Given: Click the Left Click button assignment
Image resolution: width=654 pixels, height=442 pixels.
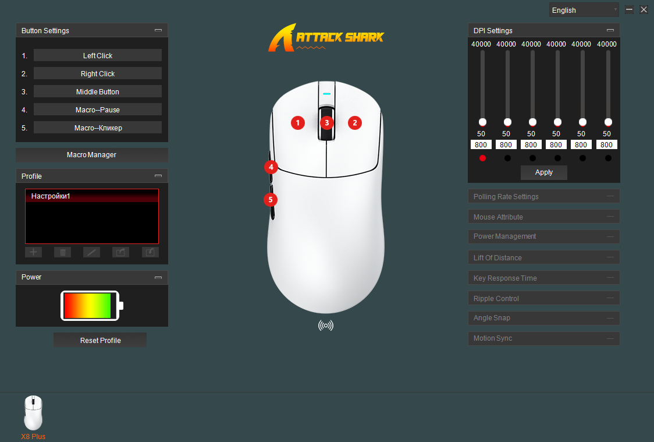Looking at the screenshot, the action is pyautogui.click(x=98, y=55).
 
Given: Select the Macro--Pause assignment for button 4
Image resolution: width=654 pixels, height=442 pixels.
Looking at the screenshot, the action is pyautogui.click(x=98, y=109).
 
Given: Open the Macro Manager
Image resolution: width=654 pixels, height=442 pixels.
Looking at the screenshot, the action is pyautogui.click(x=92, y=155).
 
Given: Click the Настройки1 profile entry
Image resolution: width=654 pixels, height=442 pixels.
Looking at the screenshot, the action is pyautogui.click(x=92, y=196).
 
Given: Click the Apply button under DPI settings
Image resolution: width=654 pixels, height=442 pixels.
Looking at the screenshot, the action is pyautogui.click(x=544, y=172).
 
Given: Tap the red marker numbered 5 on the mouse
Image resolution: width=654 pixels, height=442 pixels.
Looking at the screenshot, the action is pyautogui.click(x=271, y=200).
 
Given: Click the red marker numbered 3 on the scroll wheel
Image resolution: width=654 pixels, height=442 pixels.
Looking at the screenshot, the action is pyautogui.click(x=327, y=123).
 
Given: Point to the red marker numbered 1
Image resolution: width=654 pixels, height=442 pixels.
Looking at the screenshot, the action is pyautogui.click(x=298, y=123).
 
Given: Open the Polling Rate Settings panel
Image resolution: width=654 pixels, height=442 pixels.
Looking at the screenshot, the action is pyautogui.click(x=544, y=196).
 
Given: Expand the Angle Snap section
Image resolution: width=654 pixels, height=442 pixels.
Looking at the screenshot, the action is pyautogui.click(x=544, y=318).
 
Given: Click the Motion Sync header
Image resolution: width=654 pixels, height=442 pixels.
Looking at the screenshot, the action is pyautogui.click(x=544, y=338).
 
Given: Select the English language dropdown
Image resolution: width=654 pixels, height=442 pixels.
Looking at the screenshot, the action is pyautogui.click(x=584, y=10).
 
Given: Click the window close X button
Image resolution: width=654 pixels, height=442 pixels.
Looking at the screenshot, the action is pyautogui.click(x=644, y=9).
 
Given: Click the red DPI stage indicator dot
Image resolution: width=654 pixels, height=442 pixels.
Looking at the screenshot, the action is pyautogui.click(x=482, y=158).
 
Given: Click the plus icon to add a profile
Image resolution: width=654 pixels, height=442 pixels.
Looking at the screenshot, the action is pyautogui.click(x=33, y=252).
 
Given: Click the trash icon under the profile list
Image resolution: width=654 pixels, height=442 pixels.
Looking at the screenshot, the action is pyautogui.click(x=63, y=252).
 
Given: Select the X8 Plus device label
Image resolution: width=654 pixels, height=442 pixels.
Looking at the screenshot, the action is pyautogui.click(x=33, y=437).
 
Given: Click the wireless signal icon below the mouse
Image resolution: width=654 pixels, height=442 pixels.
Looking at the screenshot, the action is pyautogui.click(x=326, y=326).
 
